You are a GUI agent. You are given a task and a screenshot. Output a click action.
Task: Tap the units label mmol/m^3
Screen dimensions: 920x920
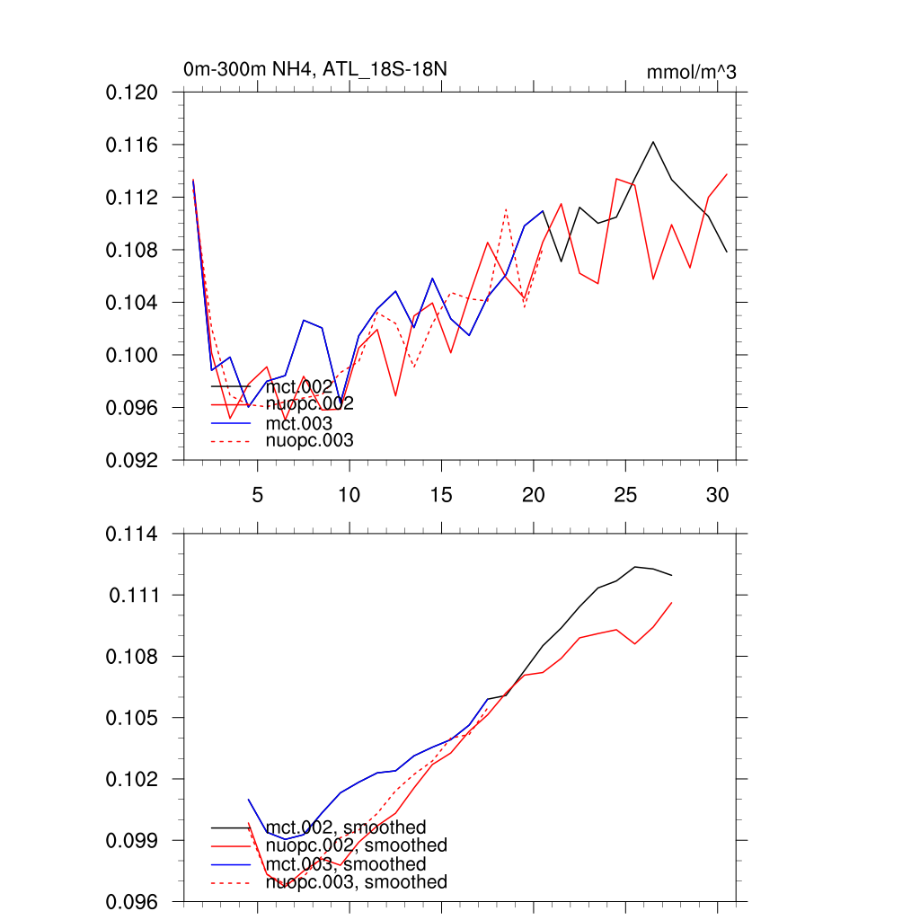(691, 72)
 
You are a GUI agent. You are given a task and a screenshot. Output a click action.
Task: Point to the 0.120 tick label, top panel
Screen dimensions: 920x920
(132, 93)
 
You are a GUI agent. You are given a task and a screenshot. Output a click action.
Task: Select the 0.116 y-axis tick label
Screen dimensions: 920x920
(132, 145)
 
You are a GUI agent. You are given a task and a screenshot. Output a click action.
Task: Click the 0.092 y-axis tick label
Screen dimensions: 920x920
(132, 460)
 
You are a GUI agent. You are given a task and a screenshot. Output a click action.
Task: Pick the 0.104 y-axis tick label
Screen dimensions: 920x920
(132, 303)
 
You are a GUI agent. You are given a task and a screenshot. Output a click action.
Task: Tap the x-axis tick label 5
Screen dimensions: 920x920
(258, 495)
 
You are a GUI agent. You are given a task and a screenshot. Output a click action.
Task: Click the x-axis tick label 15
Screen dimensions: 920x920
(441, 495)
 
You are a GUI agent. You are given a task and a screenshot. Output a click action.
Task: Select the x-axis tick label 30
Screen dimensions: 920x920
(717, 495)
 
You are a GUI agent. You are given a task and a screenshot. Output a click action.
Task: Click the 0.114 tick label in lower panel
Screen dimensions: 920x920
(132, 535)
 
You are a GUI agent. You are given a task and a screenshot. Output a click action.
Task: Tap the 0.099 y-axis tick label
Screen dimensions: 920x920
(132, 841)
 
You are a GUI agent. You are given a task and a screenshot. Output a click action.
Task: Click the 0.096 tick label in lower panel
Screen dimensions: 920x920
(132, 901)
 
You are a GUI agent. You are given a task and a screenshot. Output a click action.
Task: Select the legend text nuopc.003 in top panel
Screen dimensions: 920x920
(310, 440)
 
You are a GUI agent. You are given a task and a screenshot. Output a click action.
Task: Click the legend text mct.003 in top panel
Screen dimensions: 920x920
(299, 422)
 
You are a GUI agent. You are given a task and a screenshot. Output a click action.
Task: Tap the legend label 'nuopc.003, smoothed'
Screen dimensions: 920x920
(357, 882)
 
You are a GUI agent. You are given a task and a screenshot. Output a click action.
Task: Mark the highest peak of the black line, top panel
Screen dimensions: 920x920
(653, 141)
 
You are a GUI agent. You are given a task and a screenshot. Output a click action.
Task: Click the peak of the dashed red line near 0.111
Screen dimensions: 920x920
(506, 208)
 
